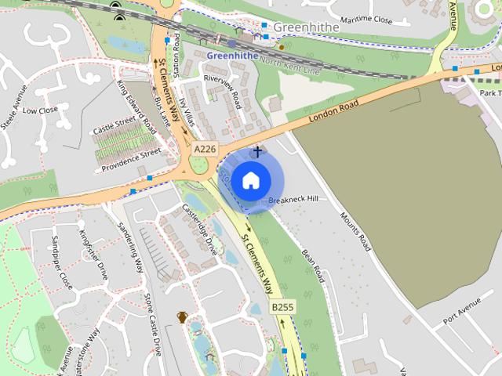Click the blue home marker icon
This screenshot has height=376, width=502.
pos(250,181)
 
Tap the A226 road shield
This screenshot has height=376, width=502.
pos(205,149)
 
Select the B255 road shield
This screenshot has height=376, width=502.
pos(282,308)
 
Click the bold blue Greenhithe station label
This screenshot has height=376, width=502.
pos(231,56)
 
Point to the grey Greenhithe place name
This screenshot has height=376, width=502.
pos(306,27)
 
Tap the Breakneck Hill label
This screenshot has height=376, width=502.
pos(293,201)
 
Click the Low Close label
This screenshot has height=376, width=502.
pos(40,110)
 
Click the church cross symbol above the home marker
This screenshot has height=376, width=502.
pos(256,150)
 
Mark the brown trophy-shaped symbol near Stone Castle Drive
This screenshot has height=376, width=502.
pos(182,317)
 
